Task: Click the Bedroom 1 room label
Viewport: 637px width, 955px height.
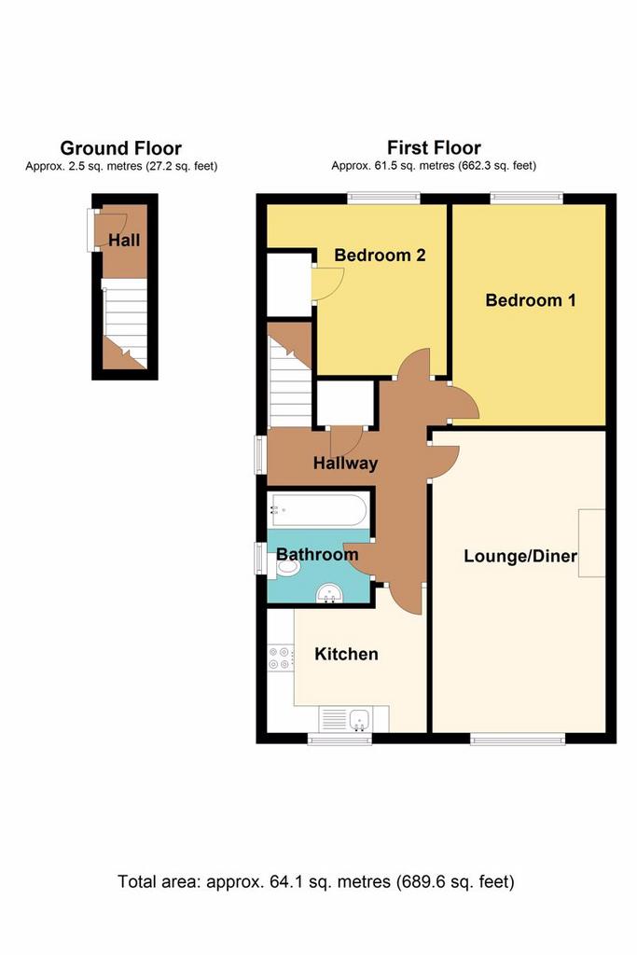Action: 530,299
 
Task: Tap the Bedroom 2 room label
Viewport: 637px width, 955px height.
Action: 380,255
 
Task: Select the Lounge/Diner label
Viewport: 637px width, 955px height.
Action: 520,556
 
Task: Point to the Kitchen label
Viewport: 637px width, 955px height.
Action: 346,654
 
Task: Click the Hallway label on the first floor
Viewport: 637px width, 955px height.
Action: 345,464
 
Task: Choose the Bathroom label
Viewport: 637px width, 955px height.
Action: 317,554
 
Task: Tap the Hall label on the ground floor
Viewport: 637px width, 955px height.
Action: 124,240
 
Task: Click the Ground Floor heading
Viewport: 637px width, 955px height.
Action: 120,148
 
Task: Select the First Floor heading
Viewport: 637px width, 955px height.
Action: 434,147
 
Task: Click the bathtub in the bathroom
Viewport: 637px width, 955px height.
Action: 318,510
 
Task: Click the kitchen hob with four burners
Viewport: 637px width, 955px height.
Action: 280,657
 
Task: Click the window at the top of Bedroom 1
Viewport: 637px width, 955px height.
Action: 526,198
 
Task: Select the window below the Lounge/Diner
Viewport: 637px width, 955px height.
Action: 518,739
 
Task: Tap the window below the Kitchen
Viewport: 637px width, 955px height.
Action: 339,739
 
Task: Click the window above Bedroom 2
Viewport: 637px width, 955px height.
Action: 383,198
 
